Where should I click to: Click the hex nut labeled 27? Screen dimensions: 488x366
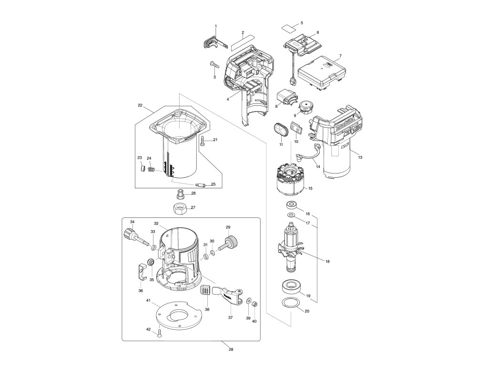click(180, 208)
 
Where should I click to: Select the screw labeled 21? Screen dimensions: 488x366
click(203, 140)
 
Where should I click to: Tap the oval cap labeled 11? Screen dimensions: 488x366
click(279, 129)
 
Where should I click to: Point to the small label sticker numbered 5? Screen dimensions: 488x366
click(288, 27)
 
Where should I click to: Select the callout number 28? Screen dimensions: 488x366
click(231, 349)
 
